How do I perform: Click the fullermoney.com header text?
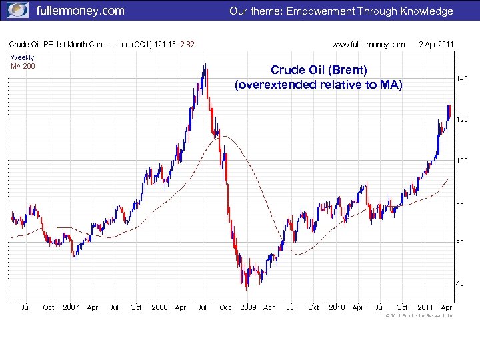coord(79,11)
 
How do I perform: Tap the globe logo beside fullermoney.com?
coord(18,11)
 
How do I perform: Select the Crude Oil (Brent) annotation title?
coord(319,70)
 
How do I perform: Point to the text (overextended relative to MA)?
coord(319,85)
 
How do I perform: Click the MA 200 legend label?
coord(22,65)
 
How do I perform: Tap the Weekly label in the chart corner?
coord(22,57)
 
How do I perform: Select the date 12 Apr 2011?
coord(434,44)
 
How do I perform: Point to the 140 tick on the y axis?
coord(461,78)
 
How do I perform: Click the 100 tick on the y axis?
coord(461,160)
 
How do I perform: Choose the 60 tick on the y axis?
coord(461,242)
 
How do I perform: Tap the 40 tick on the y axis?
coord(461,283)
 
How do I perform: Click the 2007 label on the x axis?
coord(71,307)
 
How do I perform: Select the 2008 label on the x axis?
coord(159,307)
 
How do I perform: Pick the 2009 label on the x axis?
coord(247,307)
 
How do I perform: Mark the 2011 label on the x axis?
coord(425,307)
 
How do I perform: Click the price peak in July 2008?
coord(205,65)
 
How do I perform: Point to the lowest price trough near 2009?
coord(246,287)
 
